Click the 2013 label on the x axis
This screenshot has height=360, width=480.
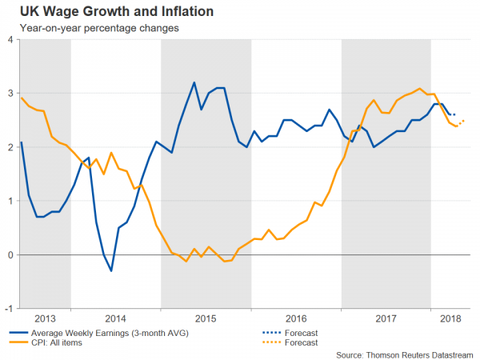point(46,317)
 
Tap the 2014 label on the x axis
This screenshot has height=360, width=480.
point(116,317)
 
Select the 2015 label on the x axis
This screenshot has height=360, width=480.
point(206,317)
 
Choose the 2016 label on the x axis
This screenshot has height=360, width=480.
point(297,317)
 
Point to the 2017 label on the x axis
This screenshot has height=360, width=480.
point(386,317)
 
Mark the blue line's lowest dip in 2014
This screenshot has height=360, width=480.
point(111,270)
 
